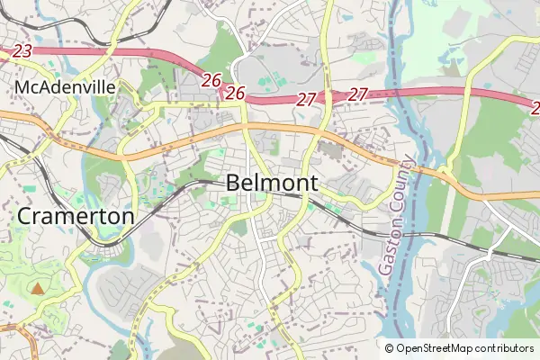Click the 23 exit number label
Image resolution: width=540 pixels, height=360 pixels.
point(23,51)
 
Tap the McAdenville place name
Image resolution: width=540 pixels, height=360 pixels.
point(64,87)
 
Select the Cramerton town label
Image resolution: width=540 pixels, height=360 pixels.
point(76,217)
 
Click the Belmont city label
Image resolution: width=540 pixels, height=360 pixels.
point(272,183)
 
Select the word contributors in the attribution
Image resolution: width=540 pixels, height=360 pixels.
point(507,348)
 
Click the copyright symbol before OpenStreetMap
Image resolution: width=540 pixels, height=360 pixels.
point(390,348)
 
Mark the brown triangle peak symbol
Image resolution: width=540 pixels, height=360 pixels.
point(37,289)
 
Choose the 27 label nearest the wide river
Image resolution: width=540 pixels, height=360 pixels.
point(358,94)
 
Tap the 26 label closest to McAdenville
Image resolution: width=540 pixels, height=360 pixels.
point(211,81)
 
